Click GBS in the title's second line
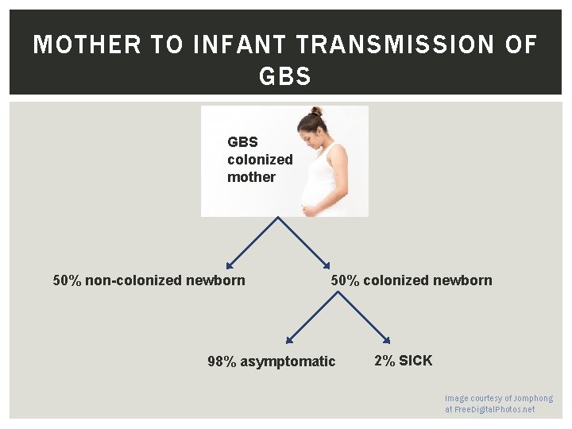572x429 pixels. tap(285, 77)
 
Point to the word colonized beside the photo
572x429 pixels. tap(260, 160)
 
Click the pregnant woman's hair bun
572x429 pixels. tap(316, 111)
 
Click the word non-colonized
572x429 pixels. tap(133, 280)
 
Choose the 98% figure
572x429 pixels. tap(222, 362)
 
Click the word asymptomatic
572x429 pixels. tap(288, 362)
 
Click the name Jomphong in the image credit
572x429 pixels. tap(533, 398)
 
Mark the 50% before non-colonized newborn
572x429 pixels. tap(67, 280)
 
